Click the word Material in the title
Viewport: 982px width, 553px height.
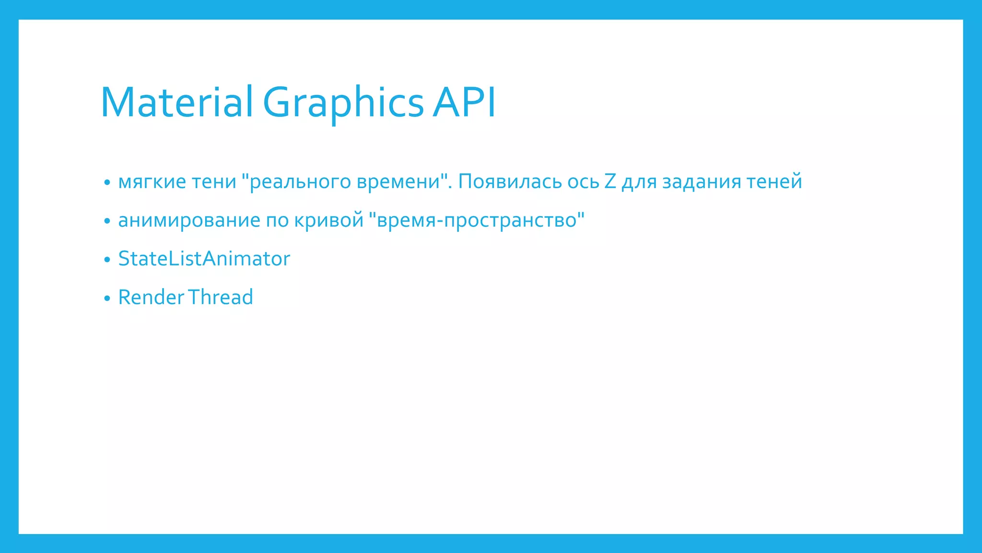[176, 102]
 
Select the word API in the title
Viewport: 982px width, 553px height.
[464, 102]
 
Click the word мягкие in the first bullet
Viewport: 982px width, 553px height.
[152, 182]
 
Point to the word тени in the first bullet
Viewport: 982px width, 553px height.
[214, 182]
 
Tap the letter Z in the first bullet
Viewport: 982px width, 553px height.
[610, 182]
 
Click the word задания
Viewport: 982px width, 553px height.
[701, 182]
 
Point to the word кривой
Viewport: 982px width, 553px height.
[329, 220]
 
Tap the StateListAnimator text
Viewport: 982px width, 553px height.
[204, 259]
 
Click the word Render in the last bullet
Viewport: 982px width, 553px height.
[151, 297]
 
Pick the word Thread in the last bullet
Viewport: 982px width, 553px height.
[220, 297]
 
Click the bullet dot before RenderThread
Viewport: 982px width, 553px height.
[107, 299]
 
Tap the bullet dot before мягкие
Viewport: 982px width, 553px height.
[107, 183]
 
